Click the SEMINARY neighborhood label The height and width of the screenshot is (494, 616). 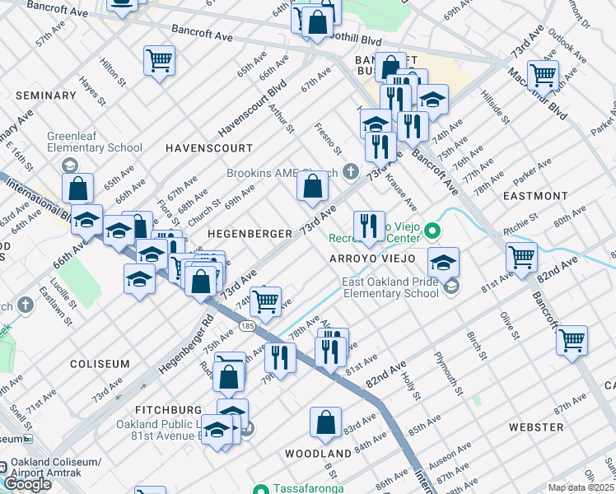point(45,96)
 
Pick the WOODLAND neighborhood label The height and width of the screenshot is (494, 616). point(319,454)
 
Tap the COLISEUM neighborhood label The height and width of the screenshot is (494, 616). point(100,363)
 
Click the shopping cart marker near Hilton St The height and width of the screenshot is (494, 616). point(159,59)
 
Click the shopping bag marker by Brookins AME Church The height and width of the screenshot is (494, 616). point(313,186)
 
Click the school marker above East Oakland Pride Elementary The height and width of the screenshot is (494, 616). point(443,263)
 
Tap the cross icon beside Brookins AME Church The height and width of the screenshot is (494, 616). point(352,172)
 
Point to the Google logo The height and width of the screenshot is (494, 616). point(27,483)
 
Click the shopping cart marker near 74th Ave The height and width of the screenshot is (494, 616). point(265,301)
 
